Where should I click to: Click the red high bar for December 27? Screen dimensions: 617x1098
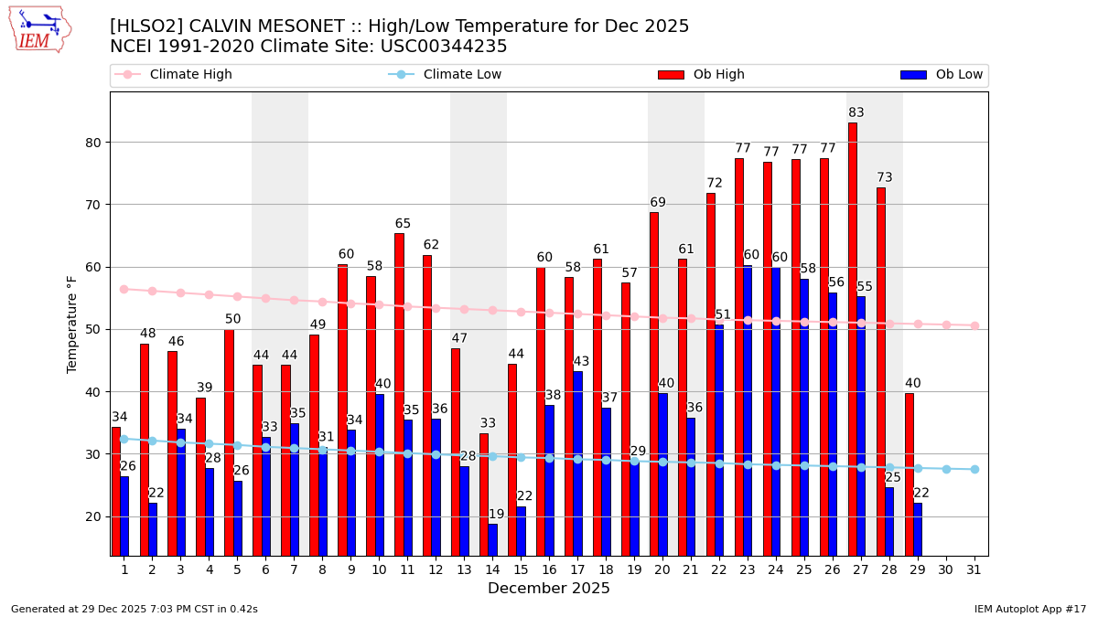pyautogui.click(x=853, y=338)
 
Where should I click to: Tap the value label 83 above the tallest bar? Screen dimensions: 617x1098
pyautogui.click(x=856, y=113)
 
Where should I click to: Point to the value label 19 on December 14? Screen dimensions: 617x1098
pyautogui.click(x=496, y=515)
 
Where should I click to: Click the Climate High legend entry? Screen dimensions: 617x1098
pyautogui.click(x=190, y=75)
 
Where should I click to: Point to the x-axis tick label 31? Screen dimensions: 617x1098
pyautogui.click(x=974, y=569)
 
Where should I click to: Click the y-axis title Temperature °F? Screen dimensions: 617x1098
pyautogui.click(x=72, y=324)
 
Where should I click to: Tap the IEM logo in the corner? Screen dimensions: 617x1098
pyautogui.click(x=39, y=29)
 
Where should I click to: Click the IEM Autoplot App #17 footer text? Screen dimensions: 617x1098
pyautogui.click(x=1030, y=609)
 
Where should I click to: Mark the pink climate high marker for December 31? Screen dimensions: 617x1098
pyautogui.click(x=974, y=325)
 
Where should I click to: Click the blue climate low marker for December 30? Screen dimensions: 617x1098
pyautogui.click(x=946, y=469)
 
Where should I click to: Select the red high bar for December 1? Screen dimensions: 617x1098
pyautogui.click(x=116, y=491)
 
